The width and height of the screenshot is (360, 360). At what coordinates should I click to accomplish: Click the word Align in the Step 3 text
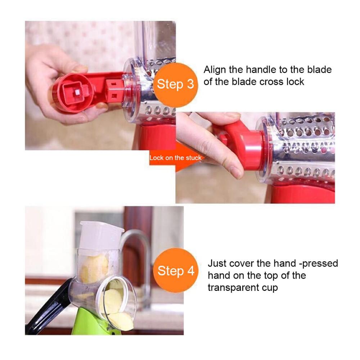point(215,70)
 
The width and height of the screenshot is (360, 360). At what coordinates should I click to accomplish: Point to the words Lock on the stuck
point(175,158)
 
